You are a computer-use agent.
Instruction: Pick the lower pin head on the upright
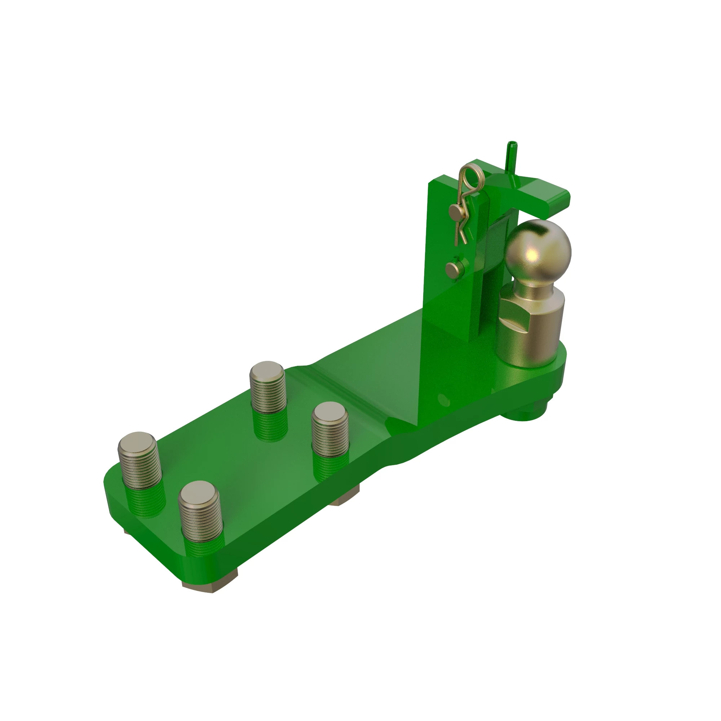coord(452,267)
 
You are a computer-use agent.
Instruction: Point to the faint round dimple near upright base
coord(443,398)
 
